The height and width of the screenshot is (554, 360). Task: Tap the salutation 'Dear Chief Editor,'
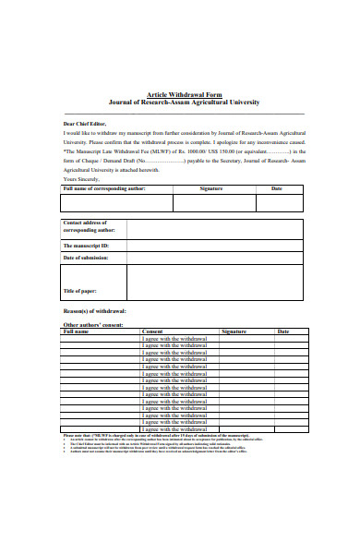(84, 123)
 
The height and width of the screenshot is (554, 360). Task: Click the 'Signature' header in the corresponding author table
(211, 188)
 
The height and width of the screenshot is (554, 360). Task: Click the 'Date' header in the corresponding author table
(276, 188)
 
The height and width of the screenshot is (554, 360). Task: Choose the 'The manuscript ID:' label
(85, 246)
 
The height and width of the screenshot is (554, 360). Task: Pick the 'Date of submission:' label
(88, 258)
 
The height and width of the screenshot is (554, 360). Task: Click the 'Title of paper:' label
(80, 291)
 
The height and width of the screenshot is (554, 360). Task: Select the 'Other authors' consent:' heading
(91, 325)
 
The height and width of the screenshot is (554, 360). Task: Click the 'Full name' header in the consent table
(76, 331)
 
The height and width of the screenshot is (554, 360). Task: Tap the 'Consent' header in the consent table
(152, 331)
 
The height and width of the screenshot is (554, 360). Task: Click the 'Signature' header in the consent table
(234, 331)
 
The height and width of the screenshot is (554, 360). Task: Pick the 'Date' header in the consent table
(282, 331)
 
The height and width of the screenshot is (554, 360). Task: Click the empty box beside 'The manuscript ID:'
(214, 246)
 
